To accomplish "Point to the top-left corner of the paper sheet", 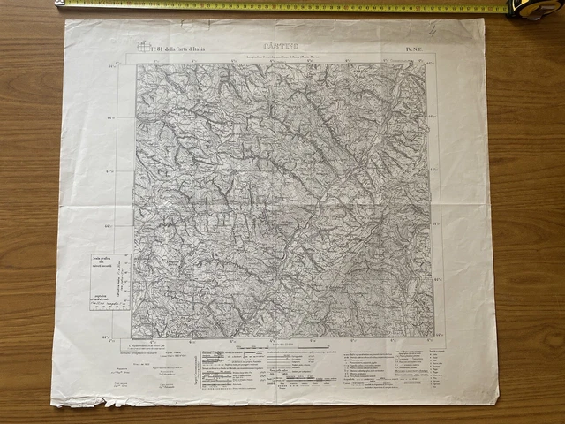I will click(x=65, y=19).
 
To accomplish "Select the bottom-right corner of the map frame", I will click(x=433, y=337).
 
